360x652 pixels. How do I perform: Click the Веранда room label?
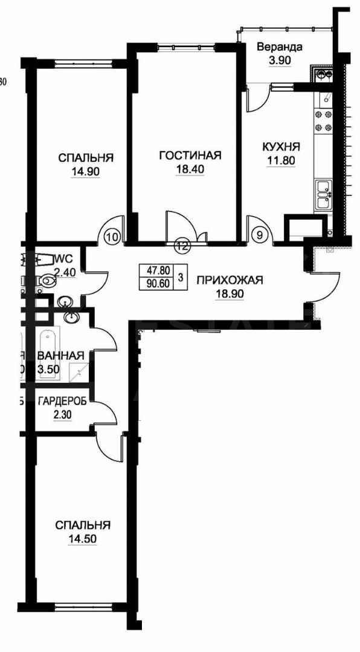pos(279,47)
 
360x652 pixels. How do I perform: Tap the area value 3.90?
pos(279,60)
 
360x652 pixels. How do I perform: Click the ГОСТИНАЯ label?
pos(190,156)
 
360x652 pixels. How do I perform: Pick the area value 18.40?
pos(190,170)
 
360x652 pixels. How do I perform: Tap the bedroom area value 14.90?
pos(86,171)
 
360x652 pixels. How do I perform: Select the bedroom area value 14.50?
pos(83,539)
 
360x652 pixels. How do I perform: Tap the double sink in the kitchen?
pos(323,194)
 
